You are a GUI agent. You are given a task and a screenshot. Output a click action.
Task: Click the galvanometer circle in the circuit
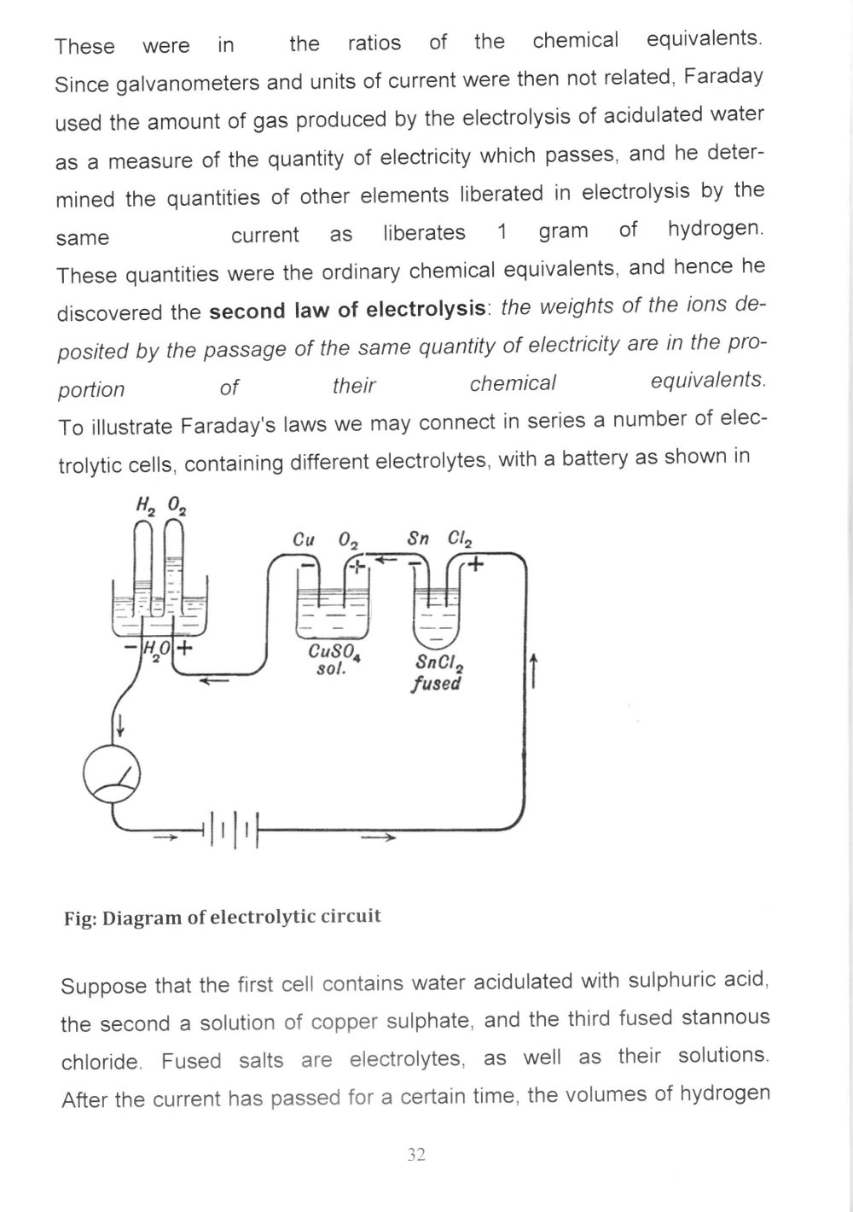[112, 778]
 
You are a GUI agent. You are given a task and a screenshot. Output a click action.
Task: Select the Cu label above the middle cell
[304, 540]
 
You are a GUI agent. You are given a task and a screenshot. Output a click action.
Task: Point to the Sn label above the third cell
[418, 539]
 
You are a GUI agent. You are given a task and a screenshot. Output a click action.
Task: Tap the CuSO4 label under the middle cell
[335, 654]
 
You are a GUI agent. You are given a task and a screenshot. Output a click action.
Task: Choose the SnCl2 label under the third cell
[438, 663]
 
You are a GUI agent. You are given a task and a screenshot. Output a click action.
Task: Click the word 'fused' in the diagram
[436, 684]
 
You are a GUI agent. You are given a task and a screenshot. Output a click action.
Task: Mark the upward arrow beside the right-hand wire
[533, 669]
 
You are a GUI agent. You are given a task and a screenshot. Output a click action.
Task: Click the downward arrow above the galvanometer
[120, 725]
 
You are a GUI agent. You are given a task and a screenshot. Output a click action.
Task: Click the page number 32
[416, 1155]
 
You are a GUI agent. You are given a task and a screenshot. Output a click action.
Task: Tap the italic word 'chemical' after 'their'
[513, 383]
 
